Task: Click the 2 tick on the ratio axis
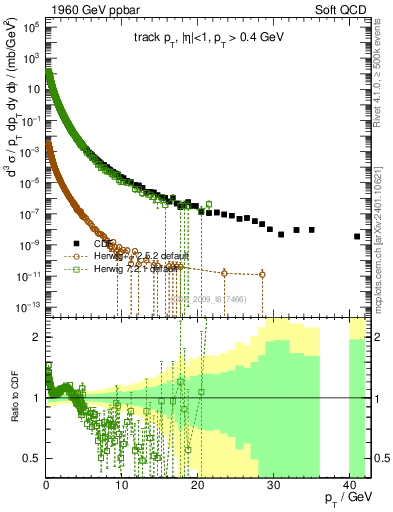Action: click(39, 337)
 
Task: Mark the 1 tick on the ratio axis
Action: click(39, 398)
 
